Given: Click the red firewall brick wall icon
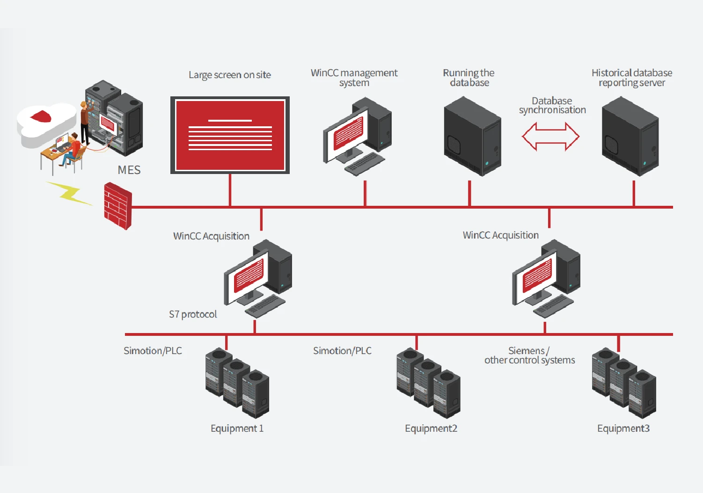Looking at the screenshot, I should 117,206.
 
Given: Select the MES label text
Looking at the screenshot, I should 129,170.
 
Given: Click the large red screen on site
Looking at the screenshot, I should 230,135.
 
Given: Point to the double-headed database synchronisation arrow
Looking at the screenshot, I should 551,137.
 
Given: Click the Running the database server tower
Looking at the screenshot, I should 472,136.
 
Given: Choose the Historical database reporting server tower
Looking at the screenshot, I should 630,136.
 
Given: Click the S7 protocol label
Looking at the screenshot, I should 193,314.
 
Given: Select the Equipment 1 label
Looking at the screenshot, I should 237,428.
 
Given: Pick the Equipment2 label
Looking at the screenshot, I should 431,428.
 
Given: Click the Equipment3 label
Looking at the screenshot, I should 623,428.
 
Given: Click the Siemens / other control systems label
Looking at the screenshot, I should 529,355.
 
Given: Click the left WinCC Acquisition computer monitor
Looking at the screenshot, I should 247,277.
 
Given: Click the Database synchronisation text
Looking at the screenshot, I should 552,106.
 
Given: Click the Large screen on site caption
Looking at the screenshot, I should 230,75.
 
